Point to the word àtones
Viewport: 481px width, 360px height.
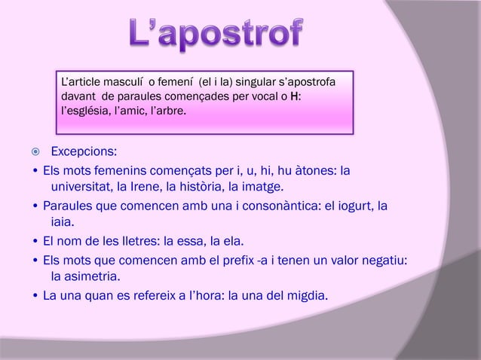[308, 169]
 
